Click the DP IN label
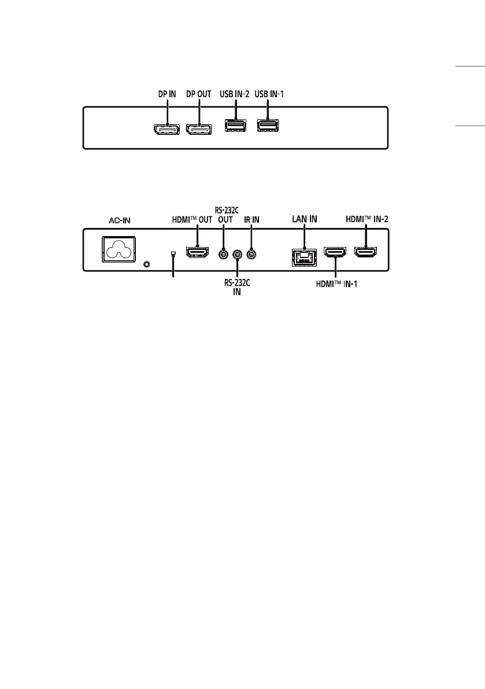(x=167, y=93)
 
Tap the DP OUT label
(x=199, y=93)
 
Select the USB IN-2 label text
(x=235, y=93)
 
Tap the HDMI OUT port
(x=197, y=252)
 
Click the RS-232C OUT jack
(x=223, y=253)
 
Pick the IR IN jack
(x=251, y=253)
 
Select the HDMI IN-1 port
(x=335, y=253)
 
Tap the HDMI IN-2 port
(x=365, y=252)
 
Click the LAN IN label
(x=303, y=219)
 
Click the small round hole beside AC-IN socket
(x=146, y=264)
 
